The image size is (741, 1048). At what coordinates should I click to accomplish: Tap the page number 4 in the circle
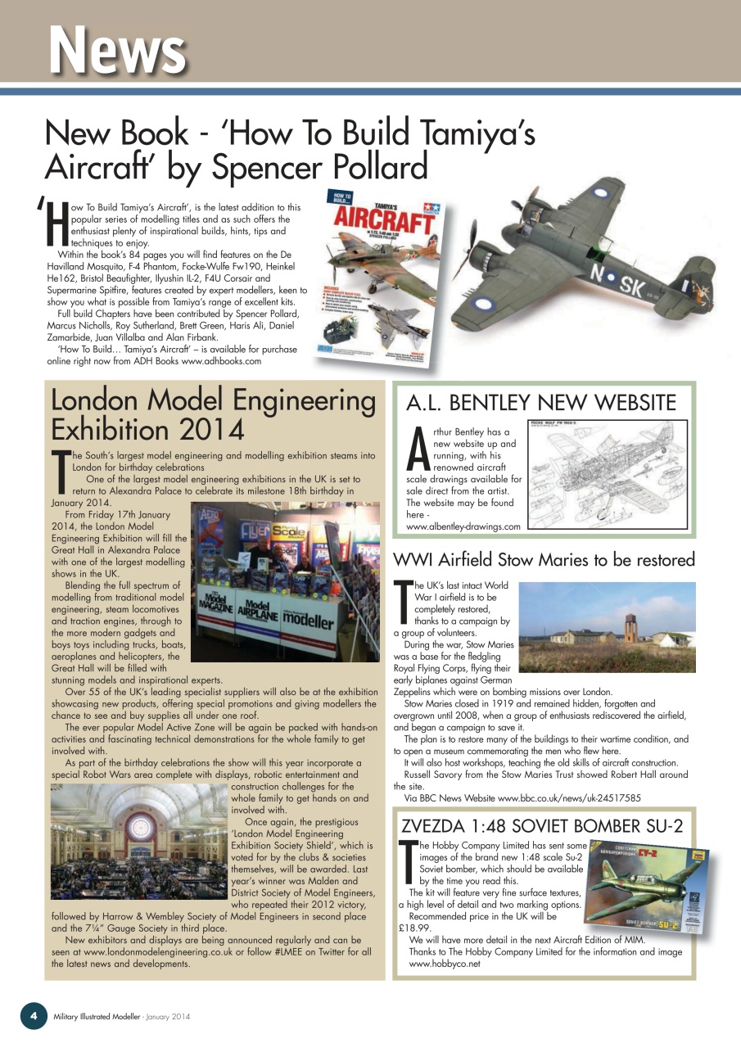click(x=34, y=1015)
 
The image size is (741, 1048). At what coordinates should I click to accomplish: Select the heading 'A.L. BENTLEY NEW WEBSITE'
click(x=541, y=402)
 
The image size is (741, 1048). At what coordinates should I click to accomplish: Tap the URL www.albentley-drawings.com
click(x=463, y=526)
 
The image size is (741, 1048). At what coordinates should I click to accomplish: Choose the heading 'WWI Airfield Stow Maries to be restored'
click(x=544, y=560)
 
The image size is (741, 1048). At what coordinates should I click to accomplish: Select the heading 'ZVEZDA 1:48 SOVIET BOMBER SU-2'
click(x=541, y=824)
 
